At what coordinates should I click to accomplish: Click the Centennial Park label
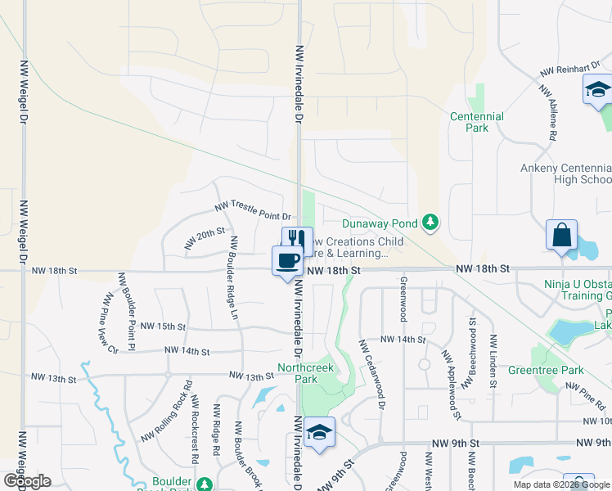tap(476, 123)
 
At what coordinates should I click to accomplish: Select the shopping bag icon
tap(562, 236)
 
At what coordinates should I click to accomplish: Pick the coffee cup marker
tap(286, 261)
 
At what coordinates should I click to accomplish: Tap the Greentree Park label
tap(556, 371)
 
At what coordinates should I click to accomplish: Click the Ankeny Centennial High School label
tap(565, 173)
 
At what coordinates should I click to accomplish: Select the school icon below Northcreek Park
tap(319, 433)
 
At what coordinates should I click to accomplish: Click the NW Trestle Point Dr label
tap(253, 210)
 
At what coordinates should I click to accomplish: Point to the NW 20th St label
tap(205, 238)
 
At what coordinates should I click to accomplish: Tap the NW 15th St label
tap(164, 326)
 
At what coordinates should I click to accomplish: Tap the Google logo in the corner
tap(26, 480)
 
